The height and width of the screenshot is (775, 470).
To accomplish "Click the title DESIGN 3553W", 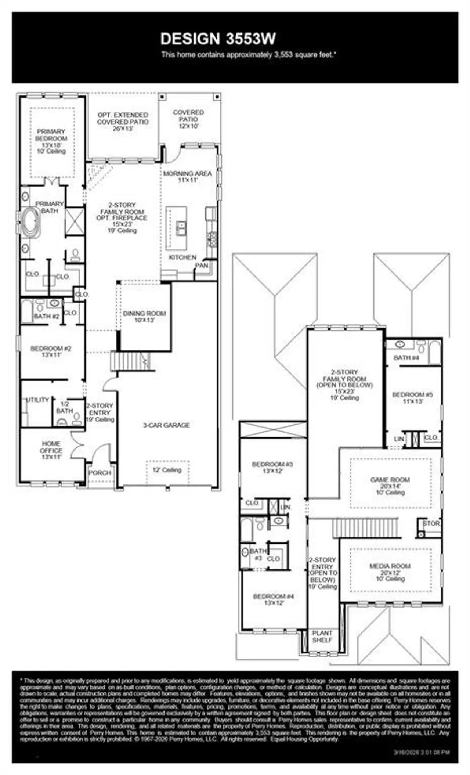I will [x=218, y=39].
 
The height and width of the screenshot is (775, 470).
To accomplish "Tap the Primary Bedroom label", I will [x=51, y=135].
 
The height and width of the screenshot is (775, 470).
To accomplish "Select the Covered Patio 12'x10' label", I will [x=188, y=119].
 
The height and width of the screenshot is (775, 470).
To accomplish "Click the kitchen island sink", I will [x=180, y=228].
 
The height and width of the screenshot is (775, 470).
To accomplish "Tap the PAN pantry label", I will [x=202, y=265].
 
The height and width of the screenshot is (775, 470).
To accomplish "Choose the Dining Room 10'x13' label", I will [x=144, y=316].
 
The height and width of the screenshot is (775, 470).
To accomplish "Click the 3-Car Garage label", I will [x=166, y=425].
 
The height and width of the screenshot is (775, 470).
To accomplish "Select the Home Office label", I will [x=51, y=447].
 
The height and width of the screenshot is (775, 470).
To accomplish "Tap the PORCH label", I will [x=100, y=473].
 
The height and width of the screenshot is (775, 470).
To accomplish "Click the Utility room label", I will [x=37, y=400].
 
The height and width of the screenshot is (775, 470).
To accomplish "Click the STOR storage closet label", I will [x=431, y=523].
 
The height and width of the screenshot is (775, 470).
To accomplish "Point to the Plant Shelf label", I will [x=322, y=636].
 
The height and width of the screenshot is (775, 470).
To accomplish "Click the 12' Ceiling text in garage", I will [x=167, y=470].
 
